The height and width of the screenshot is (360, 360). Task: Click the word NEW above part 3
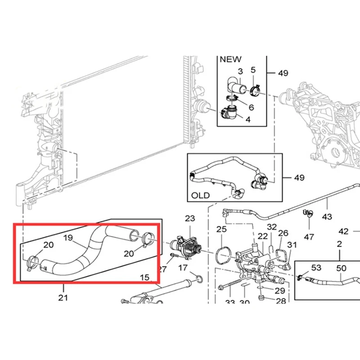coord(230,59)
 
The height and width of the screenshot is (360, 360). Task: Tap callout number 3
coord(240,71)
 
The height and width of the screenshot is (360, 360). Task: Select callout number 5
coord(253,70)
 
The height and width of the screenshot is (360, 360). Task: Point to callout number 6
coord(251,107)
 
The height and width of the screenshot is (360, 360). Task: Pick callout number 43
coord(327,216)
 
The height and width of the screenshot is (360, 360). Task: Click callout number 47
coord(309,236)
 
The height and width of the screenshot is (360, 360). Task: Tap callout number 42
coord(343,231)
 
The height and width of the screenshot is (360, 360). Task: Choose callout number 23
coord(190,218)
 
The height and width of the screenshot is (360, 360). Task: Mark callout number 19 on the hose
coord(68,238)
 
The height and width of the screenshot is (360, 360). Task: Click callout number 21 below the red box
coord(63,297)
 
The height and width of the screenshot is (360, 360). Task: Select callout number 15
coord(144,278)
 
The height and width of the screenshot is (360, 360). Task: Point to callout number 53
coord(316,268)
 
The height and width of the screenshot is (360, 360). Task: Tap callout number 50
coord(342,268)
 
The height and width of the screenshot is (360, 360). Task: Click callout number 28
coord(280,301)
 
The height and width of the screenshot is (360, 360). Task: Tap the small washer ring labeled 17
coord(196,275)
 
